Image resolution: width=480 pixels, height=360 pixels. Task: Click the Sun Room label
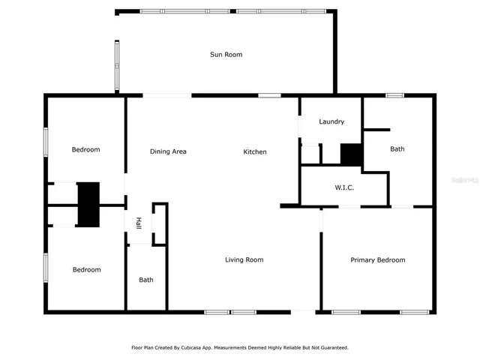226,54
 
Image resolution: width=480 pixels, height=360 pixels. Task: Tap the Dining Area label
168,151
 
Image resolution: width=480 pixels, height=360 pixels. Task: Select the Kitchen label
255,152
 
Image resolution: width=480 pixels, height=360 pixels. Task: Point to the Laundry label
331,121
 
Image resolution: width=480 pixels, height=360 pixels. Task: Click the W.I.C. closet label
344,187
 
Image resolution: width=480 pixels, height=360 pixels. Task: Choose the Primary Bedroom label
378,260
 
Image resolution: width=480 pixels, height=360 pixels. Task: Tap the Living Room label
244,260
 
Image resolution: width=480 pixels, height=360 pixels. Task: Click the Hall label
139,223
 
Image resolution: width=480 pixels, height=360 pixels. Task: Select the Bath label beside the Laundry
397,149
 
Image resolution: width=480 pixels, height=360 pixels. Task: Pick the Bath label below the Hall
146,280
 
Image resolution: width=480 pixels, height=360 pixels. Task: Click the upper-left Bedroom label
85,149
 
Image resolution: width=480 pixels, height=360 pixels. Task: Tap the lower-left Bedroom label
85,269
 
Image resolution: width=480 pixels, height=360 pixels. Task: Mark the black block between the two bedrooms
89,204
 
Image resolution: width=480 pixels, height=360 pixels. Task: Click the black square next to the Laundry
352,154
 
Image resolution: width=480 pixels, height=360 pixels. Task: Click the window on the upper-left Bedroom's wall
46,142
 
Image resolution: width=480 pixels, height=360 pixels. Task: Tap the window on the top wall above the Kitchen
269,95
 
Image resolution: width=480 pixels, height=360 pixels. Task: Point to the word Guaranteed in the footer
331,348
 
